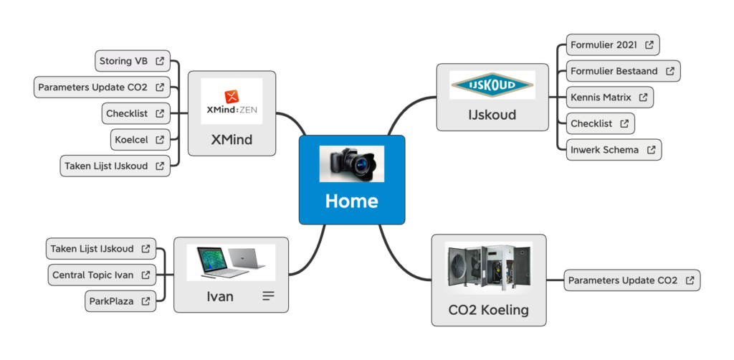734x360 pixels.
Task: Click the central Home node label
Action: click(x=351, y=201)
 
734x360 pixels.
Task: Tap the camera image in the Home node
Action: click(x=351, y=164)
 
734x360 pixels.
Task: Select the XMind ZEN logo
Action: click(x=232, y=101)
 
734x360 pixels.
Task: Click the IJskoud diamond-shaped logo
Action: click(x=492, y=85)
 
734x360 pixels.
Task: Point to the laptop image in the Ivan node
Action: click(x=231, y=262)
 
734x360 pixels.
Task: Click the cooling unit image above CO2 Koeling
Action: click(x=488, y=267)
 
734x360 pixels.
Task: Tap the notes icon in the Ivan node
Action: click(x=268, y=295)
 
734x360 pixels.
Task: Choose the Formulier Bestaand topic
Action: click(x=615, y=71)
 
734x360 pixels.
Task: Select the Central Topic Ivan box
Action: click(x=93, y=275)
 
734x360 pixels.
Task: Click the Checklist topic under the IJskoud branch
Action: click(x=592, y=123)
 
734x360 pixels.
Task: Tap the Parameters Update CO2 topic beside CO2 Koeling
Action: click(x=624, y=280)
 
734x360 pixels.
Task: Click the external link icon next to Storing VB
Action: click(x=160, y=61)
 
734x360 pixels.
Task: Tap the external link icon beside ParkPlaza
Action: click(x=146, y=301)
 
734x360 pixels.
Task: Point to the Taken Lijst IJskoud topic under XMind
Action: click(x=107, y=166)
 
